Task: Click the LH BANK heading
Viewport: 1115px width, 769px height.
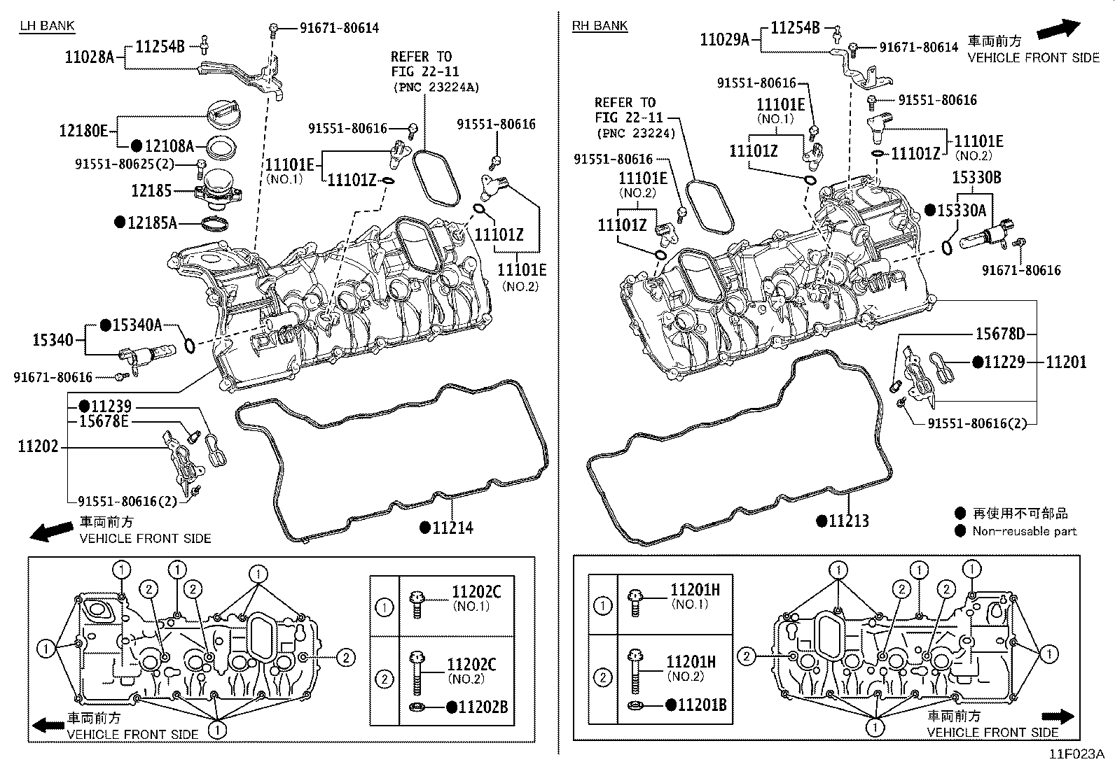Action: pyautogui.click(x=46, y=26)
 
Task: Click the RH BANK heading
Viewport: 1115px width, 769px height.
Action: pyautogui.click(x=600, y=26)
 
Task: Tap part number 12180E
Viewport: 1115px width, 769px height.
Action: pyautogui.click(x=83, y=130)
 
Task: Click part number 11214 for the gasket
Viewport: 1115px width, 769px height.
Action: pyautogui.click(x=452, y=528)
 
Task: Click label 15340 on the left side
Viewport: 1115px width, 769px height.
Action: pyautogui.click(x=53, y=341)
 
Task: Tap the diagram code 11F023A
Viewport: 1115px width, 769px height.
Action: pyautogui.click(x=1076, y=754)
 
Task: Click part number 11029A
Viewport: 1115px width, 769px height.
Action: pyautogui.click(x=724, y=40)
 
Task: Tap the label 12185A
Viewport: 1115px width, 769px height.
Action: pyautogui.click(x=151, y=223)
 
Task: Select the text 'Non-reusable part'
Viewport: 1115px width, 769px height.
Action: pyautogui.click(x=1024, y=531)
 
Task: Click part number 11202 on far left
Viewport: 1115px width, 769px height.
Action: pyautogui.click(x=38, y=446)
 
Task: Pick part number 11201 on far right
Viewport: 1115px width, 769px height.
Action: pyautogui.click(x=1066, y=362)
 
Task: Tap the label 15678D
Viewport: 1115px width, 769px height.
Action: pyautogui.click(x=999, y=334)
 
